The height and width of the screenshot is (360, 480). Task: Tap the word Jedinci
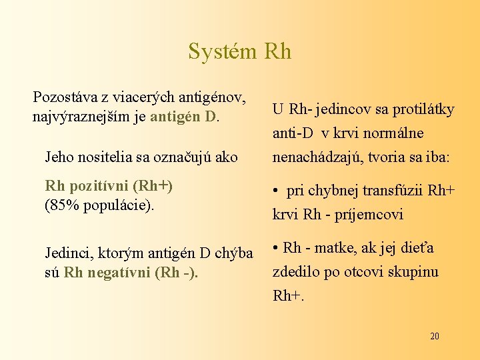tap(68, 253)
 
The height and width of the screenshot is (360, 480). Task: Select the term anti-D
tap(293, 133)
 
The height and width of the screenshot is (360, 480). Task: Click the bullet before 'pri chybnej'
tap(276, 192)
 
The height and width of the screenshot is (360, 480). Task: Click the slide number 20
tap(434, 336)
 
